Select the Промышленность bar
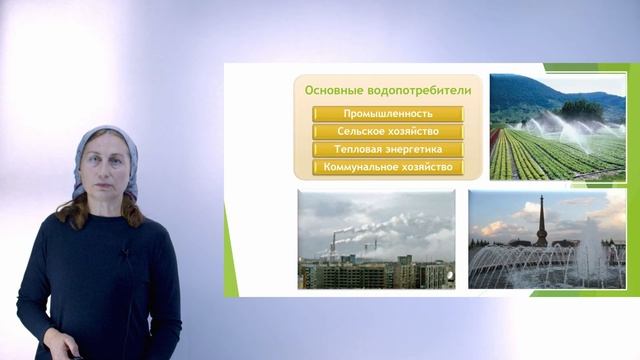point(388,114)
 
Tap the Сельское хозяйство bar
point(388,132)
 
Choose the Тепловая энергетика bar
point(388,149)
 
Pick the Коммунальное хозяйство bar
point(388,167)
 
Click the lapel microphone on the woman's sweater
point(124,256)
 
